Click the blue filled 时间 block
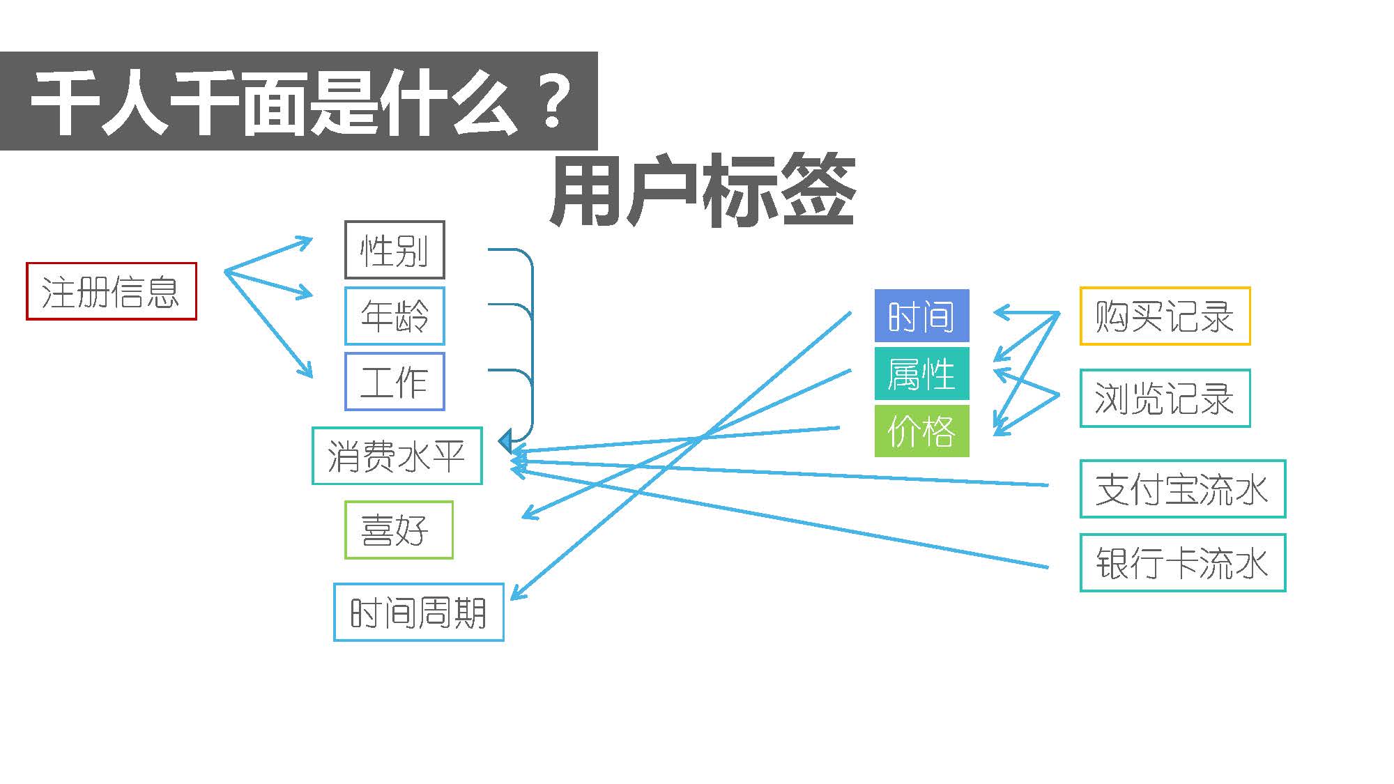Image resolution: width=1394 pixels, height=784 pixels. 921,316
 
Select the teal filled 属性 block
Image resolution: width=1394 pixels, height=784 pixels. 921,374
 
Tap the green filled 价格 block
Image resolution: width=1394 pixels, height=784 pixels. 921,431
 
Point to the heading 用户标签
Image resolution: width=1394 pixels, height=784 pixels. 703,191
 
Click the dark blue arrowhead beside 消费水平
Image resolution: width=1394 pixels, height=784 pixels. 506,441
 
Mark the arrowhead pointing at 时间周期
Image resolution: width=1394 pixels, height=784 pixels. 519,592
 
